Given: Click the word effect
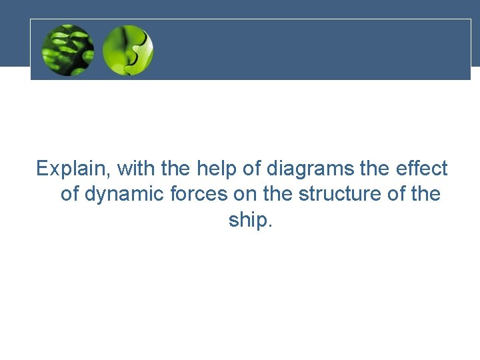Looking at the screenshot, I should [424, 169].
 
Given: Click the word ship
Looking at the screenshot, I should [247, 220].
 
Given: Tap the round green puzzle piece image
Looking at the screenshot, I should [128, 50].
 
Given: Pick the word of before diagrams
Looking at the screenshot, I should [252, 169].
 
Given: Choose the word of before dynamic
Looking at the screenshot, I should [70, 195].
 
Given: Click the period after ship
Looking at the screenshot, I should [269, 225].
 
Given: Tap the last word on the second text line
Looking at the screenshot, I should [425, 195].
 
